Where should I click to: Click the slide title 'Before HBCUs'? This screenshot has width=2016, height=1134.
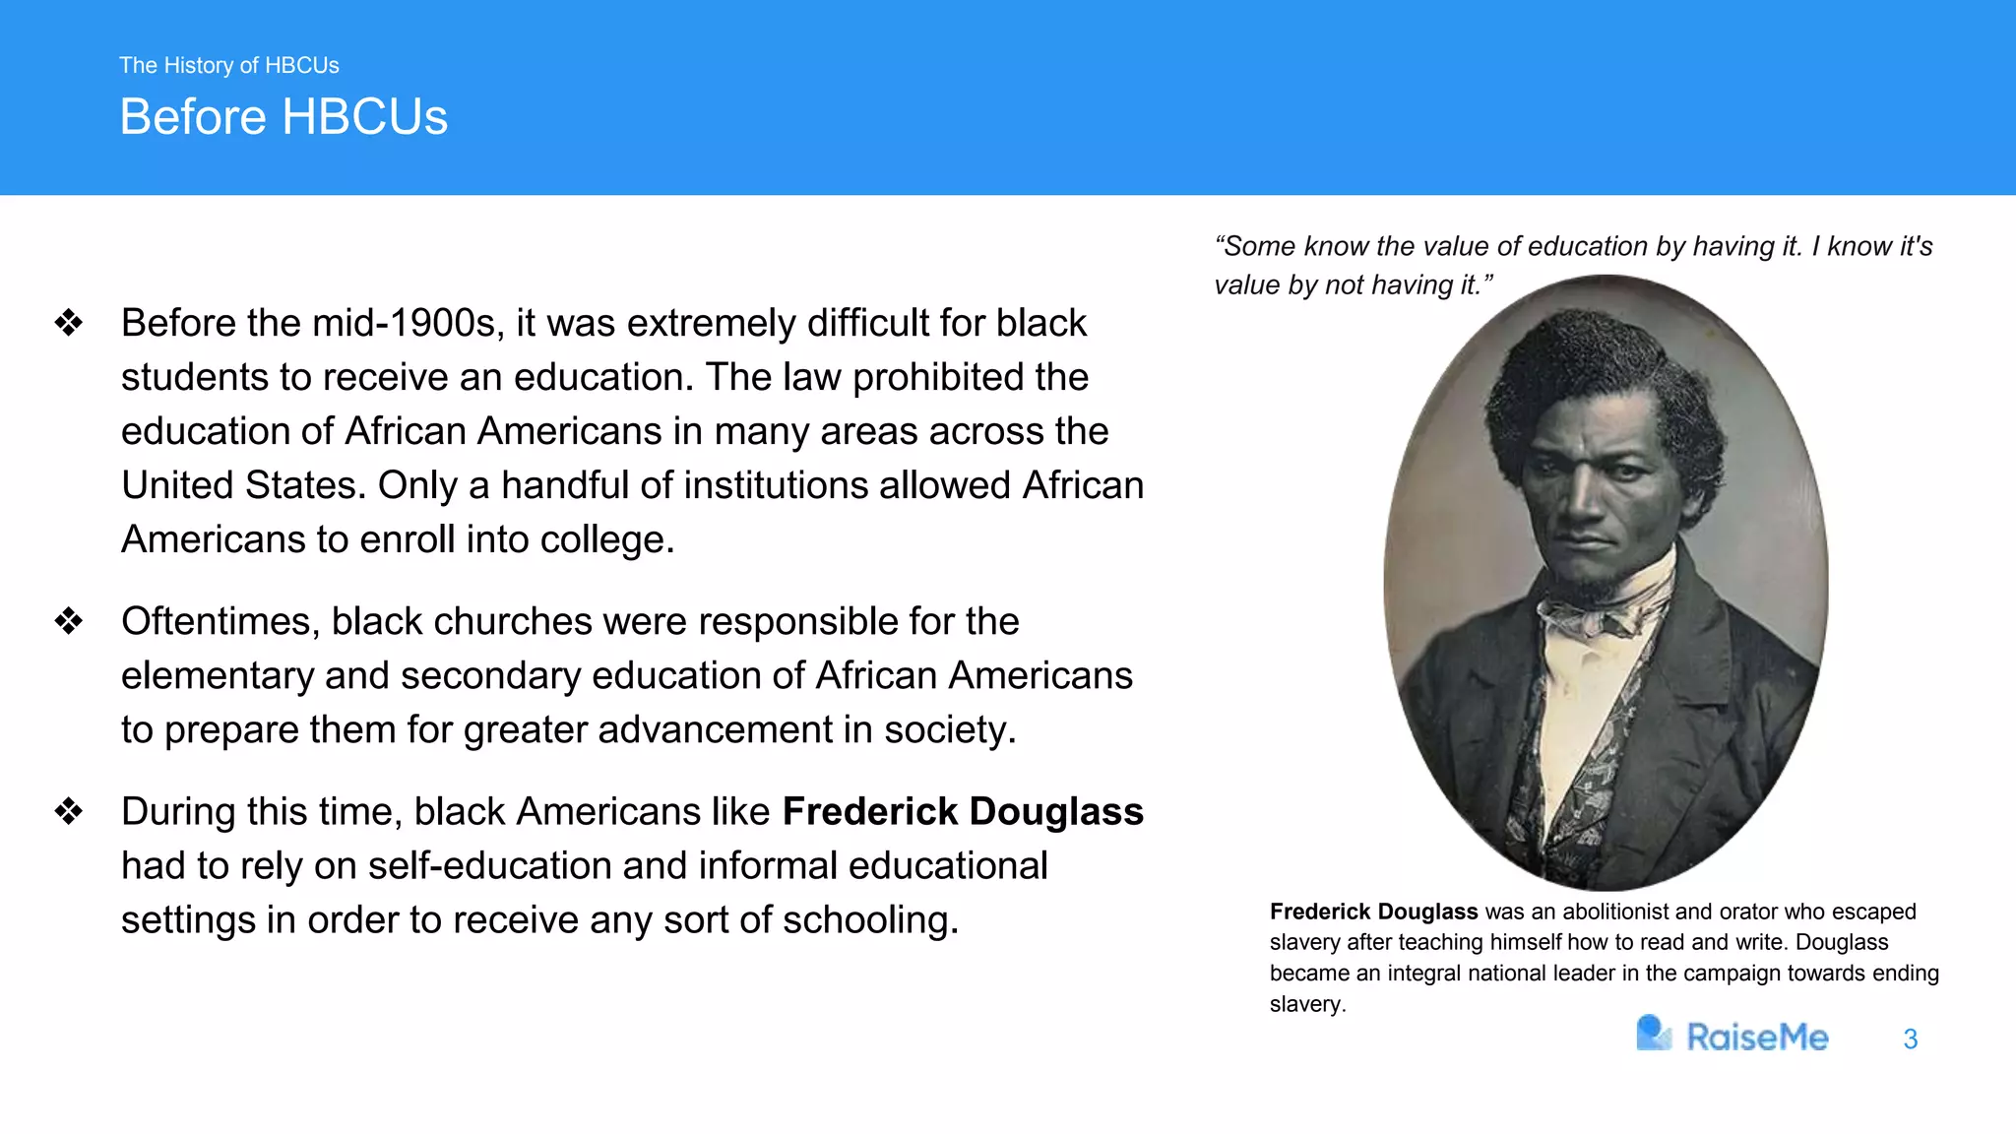[x=283, y=117]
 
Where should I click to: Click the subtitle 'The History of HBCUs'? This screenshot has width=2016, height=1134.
[x=228, y=65]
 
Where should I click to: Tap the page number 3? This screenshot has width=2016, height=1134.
[x=1910, y=1039]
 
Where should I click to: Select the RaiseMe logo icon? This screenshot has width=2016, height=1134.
[x=1653, y=1034]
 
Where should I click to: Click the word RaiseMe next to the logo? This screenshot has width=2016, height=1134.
[x=1757, y=1038]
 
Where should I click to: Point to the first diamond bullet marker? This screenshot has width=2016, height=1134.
[x=69, y=323]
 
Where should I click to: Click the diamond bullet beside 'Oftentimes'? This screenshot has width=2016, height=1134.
[x=69, y=621]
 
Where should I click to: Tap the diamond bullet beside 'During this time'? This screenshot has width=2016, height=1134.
[x=69, y=811]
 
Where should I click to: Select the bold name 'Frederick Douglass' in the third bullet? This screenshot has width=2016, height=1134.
[x=963, y=811]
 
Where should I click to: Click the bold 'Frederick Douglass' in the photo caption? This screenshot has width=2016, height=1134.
[x=1373, y=912]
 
